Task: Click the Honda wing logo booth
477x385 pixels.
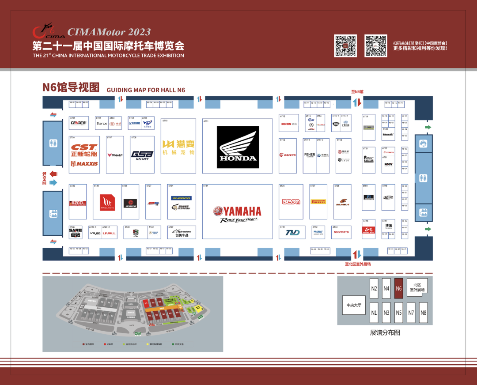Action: [238, 147]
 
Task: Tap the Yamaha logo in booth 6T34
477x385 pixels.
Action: [237, 212]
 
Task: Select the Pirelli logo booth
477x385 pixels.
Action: [318, 202]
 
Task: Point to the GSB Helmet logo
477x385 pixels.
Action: [142, 155]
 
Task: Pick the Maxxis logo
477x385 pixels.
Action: [84, 164]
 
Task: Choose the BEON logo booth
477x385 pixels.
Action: [291, 202]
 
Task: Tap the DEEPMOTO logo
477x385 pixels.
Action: [342, 232]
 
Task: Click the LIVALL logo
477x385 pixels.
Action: [109, 233]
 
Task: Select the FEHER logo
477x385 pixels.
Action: [310, 155]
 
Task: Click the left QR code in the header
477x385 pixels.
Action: [345, 46]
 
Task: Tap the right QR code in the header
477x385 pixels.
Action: [375, 46]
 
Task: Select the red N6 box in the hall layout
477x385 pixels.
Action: [399, 289]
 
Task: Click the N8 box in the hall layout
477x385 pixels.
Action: [424, 312]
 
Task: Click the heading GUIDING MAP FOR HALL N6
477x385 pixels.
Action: [146, 90]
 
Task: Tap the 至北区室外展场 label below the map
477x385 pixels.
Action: [358, 264]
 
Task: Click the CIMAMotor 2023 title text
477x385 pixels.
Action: [109, 32]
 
